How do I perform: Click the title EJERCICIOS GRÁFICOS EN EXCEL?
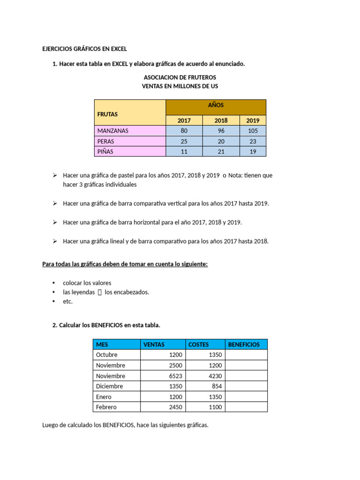pyautogui.click(x=84, y=49)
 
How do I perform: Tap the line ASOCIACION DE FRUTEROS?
pyautogui.click(x=180, y=77)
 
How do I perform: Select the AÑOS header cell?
pyautogui.click(x=216, y=105)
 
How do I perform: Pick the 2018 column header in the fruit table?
pyautogui.click(x=221, y=120)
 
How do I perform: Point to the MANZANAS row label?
pyautogui.click(x=112, y=131)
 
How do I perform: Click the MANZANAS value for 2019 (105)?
pyautogui.click(x=253, y=131)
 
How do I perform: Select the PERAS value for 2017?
pyautogui.click(x=184, y=141)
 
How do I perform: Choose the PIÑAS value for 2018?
pyautogui.click(x=221, y=151)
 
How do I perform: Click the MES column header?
pyautogui.click(x=102, y=345)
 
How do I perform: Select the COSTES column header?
pyautogui.click(x=198, y=345)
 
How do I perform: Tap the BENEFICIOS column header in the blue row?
pyautogui.click(x=244, y=345)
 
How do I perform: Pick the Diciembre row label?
pyautogui.click(x=109, y=386)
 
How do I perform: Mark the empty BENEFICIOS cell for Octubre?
pyautogui.click(x=246, y=355)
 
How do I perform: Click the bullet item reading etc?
pyautogui.click(x=68, y=301)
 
